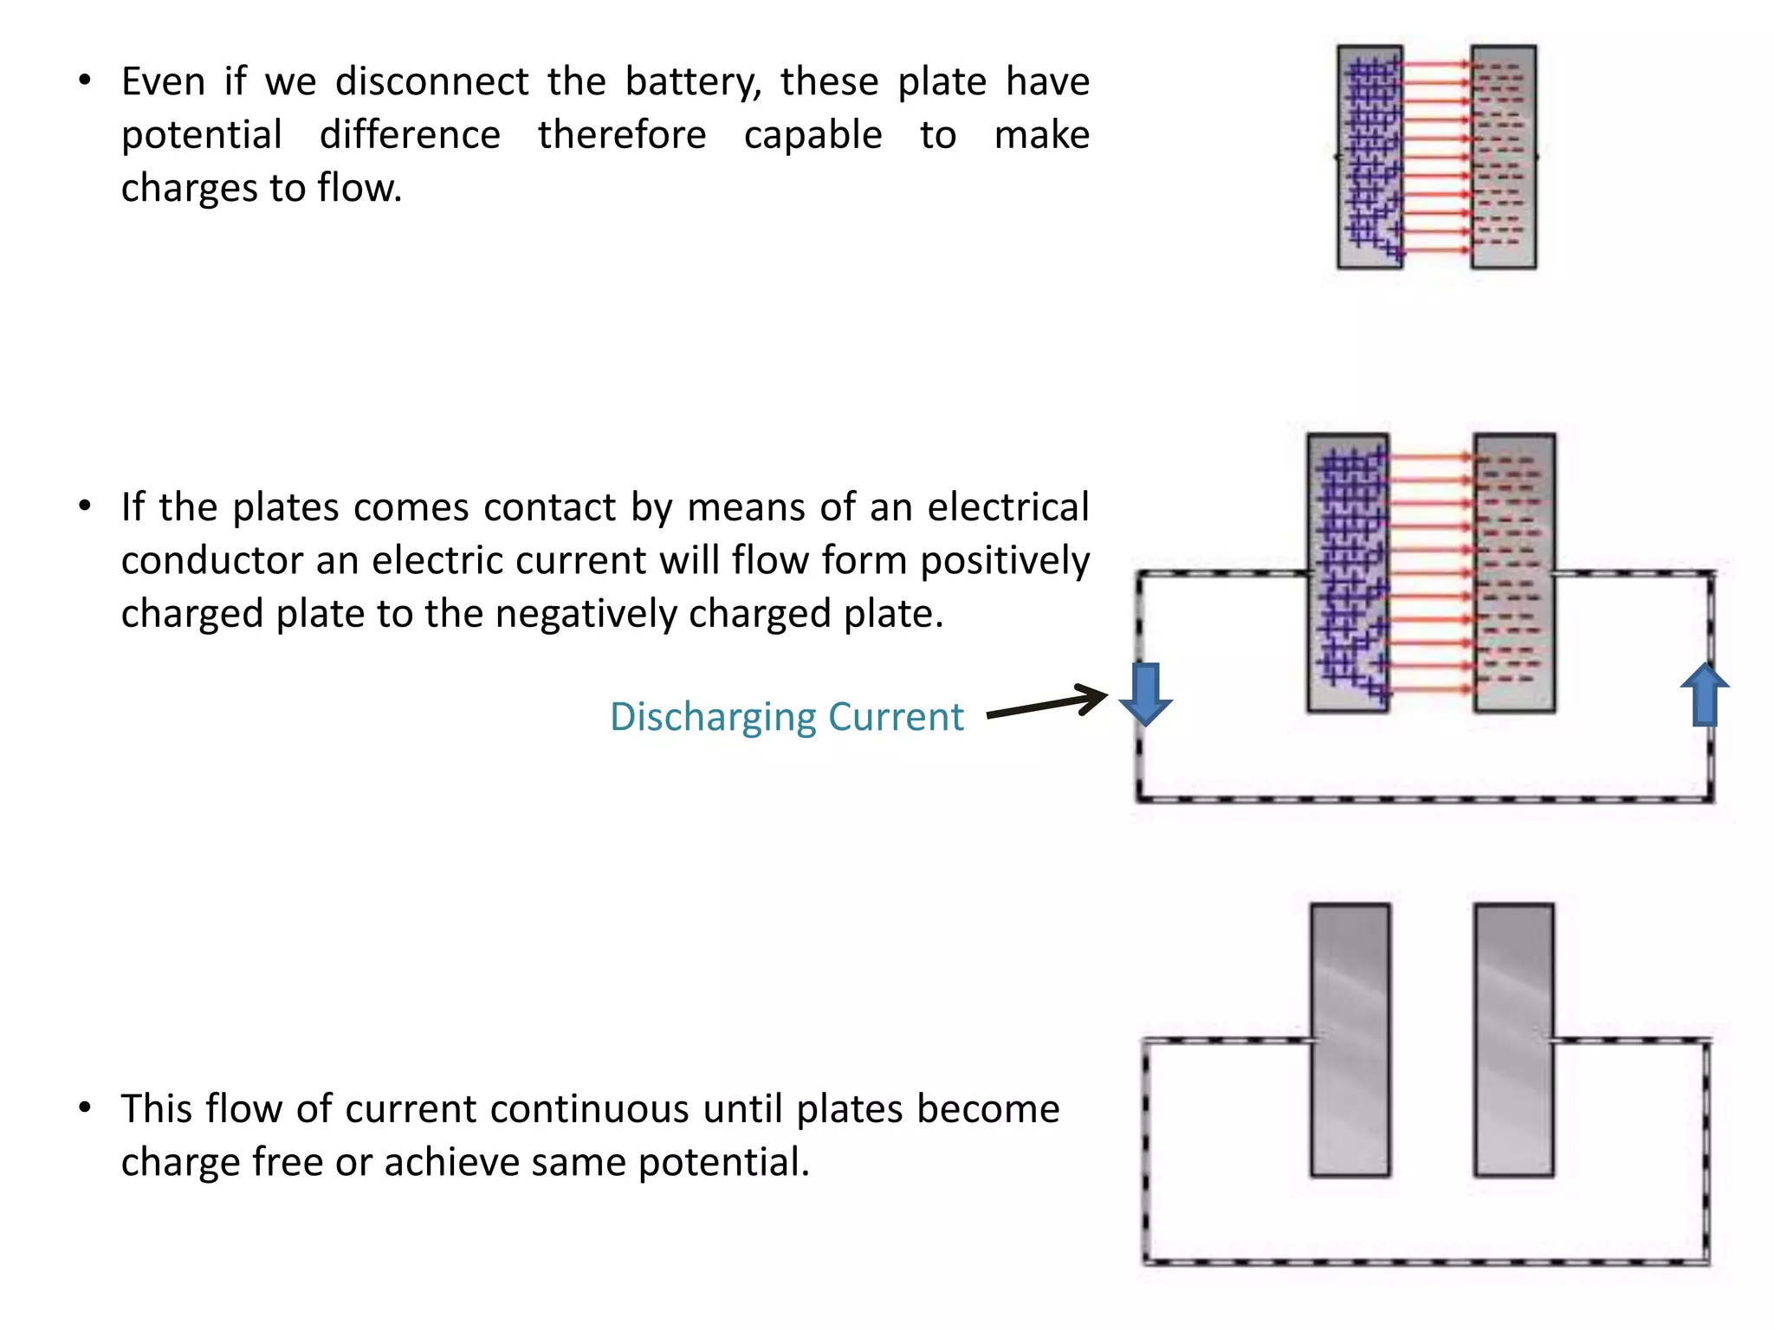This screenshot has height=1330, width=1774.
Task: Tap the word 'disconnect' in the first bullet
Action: tap(431, 81)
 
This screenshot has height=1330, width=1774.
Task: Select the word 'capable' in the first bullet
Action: tap(813, 136)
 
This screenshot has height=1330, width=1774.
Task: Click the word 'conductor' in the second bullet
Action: tap(208, 561)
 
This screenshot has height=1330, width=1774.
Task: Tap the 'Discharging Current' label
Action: tap(786, 717)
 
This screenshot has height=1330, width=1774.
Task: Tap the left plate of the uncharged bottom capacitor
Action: tap(1350, 1040)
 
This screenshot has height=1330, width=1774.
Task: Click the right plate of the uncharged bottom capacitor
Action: tap(1513, 1040)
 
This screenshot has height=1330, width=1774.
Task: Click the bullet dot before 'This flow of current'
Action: tap(84, 1107)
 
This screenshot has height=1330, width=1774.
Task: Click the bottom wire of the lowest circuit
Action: tap(1425, 1262)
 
